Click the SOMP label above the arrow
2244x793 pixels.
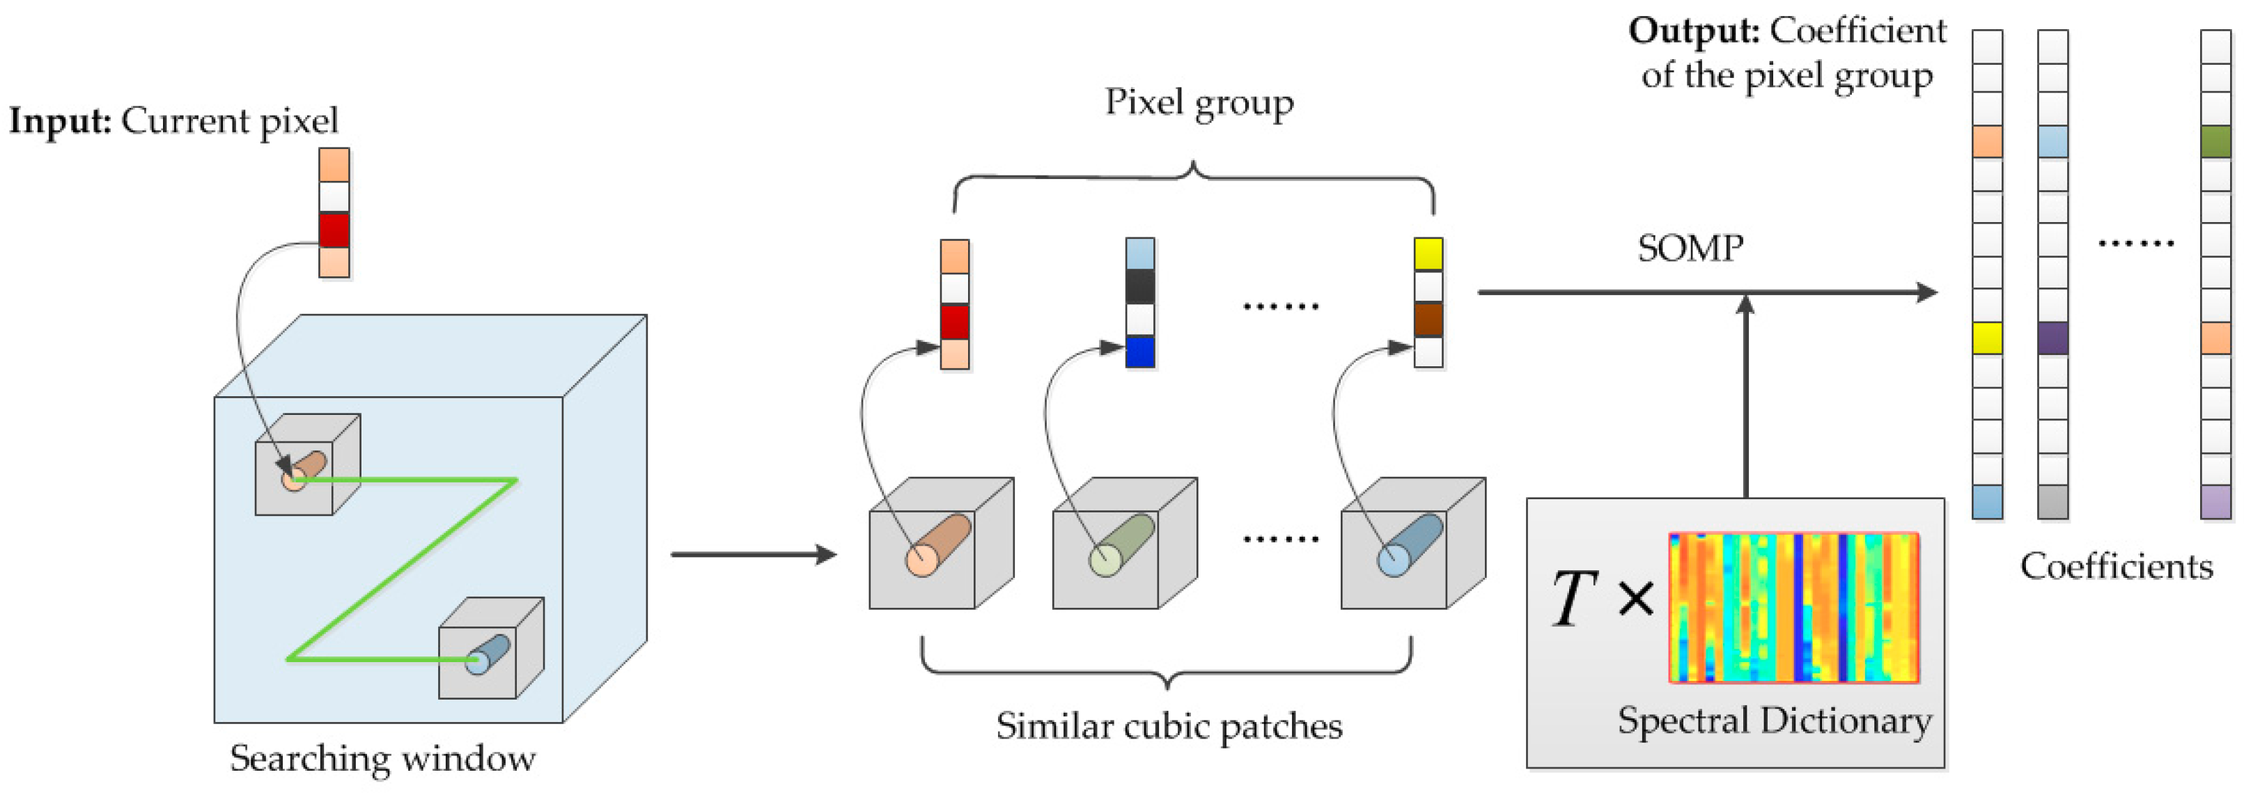(1690, 249)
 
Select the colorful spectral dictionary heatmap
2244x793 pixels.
(1793, 608)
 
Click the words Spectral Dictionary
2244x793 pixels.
(1774, 721)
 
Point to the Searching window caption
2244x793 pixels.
(382, 759)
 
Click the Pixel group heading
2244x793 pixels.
(1199, 103)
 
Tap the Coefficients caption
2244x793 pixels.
(2116, 567)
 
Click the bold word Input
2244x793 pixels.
(59, 121)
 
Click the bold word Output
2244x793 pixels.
(1694, 31)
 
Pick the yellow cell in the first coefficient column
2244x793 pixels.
(1987, 338)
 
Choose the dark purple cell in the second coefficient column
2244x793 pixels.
(2052, 338)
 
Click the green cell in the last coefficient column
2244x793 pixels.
(2215, 141)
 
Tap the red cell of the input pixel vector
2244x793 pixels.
(334, 230)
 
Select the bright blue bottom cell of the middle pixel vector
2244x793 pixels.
(1139, 352)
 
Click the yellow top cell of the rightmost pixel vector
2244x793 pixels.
(1428, 254)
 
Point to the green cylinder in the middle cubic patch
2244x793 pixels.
(1122, 545)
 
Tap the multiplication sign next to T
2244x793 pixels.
(1635, 599)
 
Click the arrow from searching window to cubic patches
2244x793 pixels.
(753, 554)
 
